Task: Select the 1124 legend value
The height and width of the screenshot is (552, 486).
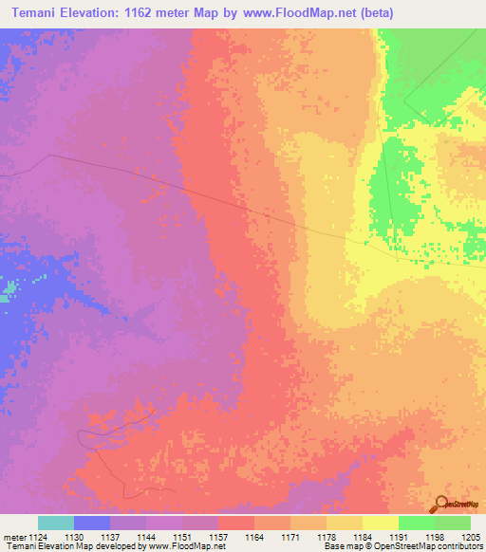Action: (x=37, y=537)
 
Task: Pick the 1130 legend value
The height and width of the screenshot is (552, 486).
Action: (x=74, y=537)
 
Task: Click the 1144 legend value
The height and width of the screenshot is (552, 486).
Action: (x=146, y=537)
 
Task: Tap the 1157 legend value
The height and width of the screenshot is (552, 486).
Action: (x=218, y=537)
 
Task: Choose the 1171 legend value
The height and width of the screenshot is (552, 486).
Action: (x=290, y=537)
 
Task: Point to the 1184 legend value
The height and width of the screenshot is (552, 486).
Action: (x=362, y=537)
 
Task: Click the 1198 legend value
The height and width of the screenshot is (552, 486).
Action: (x=434, y=537)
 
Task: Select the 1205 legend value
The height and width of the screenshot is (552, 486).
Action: (x=469, y=537)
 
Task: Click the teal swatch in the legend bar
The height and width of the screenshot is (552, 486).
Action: (x=56, y=523)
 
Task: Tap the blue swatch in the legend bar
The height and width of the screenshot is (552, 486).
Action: (x=92, y=523)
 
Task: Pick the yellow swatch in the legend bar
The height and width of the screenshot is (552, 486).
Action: (x=380, y=523)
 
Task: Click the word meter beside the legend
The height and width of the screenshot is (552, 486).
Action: (x=12, y=537)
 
